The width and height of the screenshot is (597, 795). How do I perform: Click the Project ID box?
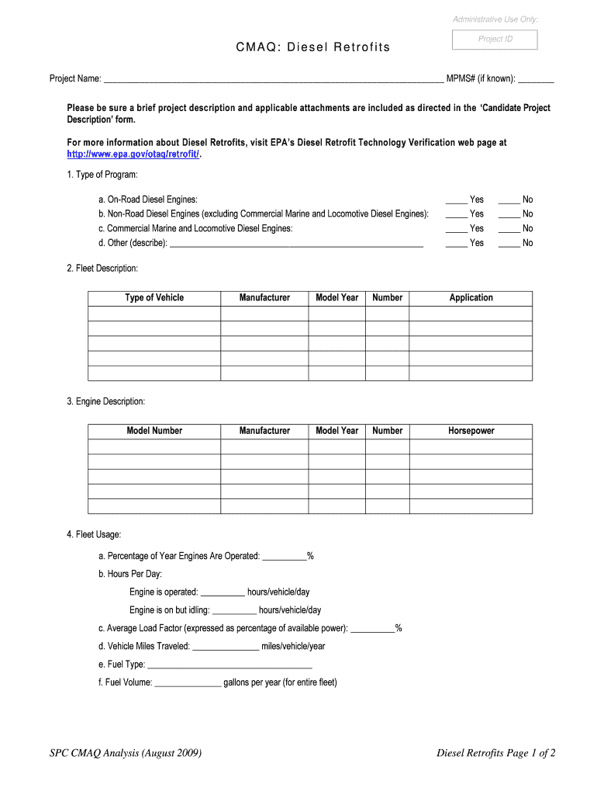494,40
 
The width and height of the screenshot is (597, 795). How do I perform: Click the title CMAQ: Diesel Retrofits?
313,48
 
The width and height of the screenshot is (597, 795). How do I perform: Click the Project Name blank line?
273,79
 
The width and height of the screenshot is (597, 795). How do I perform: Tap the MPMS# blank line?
540,79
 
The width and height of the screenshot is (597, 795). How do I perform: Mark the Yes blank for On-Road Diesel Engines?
457,200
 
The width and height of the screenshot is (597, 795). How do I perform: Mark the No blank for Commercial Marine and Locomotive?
509,229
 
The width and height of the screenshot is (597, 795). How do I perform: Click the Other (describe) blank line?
295,244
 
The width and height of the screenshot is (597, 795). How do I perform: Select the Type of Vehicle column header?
154,298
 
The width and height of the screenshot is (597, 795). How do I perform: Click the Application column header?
471,298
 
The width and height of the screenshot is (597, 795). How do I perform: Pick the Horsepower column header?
471,431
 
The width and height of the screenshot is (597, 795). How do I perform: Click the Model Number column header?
154,431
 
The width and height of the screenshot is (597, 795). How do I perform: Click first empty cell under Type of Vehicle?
154,314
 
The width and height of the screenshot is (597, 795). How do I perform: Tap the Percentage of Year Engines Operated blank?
285,557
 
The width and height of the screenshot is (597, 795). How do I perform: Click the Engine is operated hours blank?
223,592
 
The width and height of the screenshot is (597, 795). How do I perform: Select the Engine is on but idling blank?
233,611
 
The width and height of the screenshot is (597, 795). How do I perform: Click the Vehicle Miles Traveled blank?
225,647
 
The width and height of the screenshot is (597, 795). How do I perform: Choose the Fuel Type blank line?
229,665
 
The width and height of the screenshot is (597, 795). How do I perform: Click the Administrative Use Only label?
496,19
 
